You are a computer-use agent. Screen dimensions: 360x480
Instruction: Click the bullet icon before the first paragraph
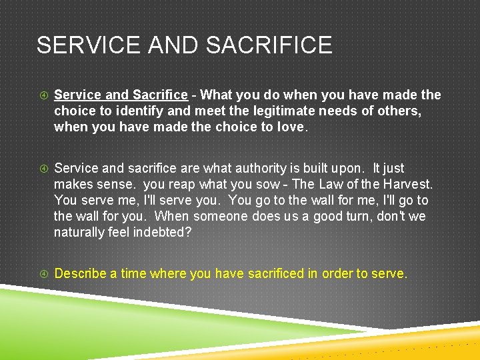click(43, 95)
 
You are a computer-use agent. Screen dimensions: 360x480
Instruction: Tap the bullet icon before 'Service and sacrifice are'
click(43, 169)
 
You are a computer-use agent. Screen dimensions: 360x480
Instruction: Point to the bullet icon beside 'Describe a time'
click(43, 274)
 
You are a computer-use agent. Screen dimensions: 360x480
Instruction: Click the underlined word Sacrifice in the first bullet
click(160, 95)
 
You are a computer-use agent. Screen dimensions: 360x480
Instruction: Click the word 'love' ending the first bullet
click(289, 127)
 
